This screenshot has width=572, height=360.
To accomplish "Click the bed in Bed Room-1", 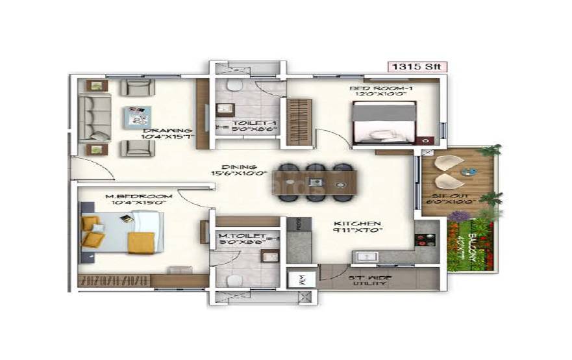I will click(383, 123).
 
